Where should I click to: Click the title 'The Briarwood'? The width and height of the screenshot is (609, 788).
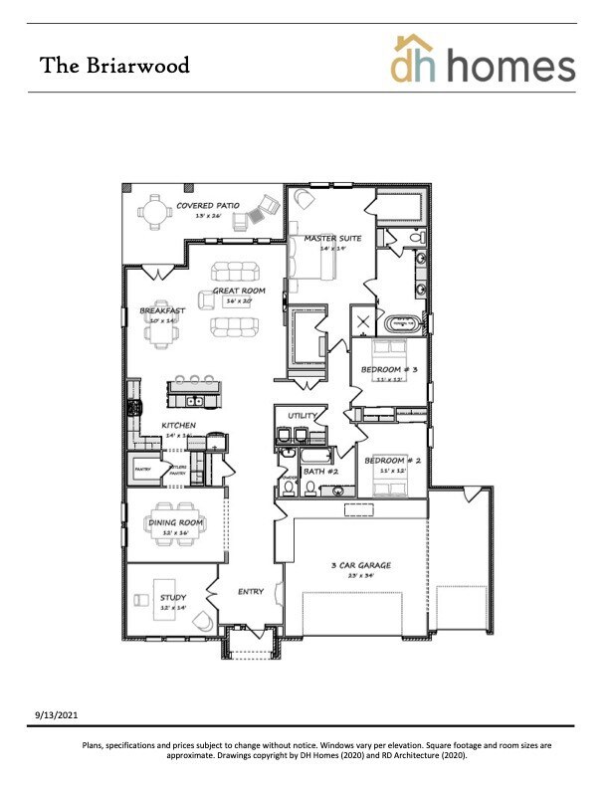(x=114, y=66)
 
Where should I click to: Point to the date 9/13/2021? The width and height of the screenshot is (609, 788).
(x=57, y=714)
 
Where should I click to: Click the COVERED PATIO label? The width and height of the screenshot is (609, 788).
(x=208, y=206)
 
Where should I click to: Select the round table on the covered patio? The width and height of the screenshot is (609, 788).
(x=154, y=212)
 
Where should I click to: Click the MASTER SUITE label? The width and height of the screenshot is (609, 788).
(x=325, y=239)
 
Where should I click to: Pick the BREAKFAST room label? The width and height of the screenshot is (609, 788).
(x=161, y=310)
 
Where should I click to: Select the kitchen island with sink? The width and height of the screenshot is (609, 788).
(x=194, y=398)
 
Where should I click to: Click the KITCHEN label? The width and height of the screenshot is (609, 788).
(x=179, y=426)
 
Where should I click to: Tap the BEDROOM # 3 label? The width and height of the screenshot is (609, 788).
(x=389, y=370)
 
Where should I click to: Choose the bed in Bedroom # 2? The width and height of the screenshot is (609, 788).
(x=387, y=481)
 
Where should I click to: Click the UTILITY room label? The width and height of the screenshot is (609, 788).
(x=302, y=415)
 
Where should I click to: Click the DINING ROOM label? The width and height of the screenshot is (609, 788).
(x=175, y=522)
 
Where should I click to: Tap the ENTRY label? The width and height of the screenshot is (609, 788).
(x=251, y=592)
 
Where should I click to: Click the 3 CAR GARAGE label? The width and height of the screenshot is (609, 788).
(x=360, y=565)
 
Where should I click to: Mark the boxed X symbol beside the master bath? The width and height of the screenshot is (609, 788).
(x=362, y=321)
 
